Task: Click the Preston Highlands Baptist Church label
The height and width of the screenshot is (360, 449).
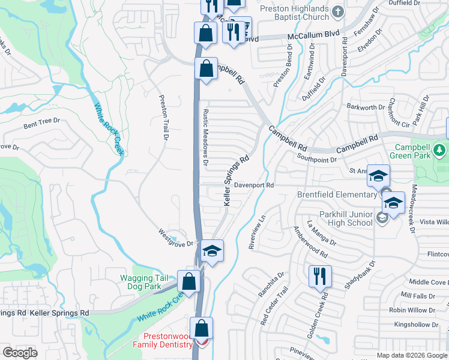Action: (x=294, y=13)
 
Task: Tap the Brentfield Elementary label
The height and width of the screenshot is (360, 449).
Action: (x=336, y=194)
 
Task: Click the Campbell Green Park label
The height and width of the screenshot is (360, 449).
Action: (x=415, y=152)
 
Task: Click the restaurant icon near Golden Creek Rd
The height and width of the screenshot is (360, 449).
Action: (x=318, y=276)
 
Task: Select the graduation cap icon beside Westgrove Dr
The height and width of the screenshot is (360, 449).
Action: (x=212, y=250)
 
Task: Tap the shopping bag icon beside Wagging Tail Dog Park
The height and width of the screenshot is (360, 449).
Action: (x=189, y=282)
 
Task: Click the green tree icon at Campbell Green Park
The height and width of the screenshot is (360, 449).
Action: (x=441, y=149)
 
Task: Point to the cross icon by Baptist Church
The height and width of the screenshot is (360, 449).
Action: (x=338, y=11)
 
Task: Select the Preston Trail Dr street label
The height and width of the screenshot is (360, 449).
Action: (x=162, y=118)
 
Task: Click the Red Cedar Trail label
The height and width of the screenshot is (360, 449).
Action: (x=265, y=305)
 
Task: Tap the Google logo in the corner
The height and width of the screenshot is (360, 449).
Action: (x=20, y=352)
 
